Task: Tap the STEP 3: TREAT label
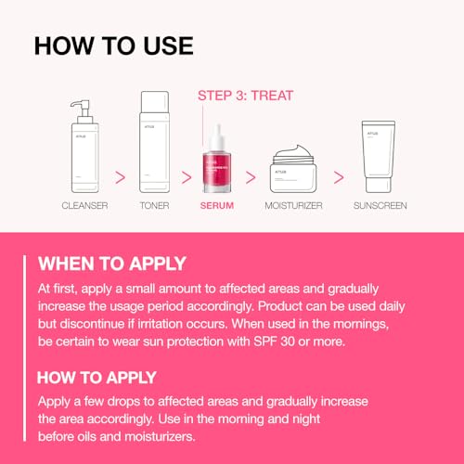coord(244,95)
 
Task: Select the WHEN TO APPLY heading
coord(112,263)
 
